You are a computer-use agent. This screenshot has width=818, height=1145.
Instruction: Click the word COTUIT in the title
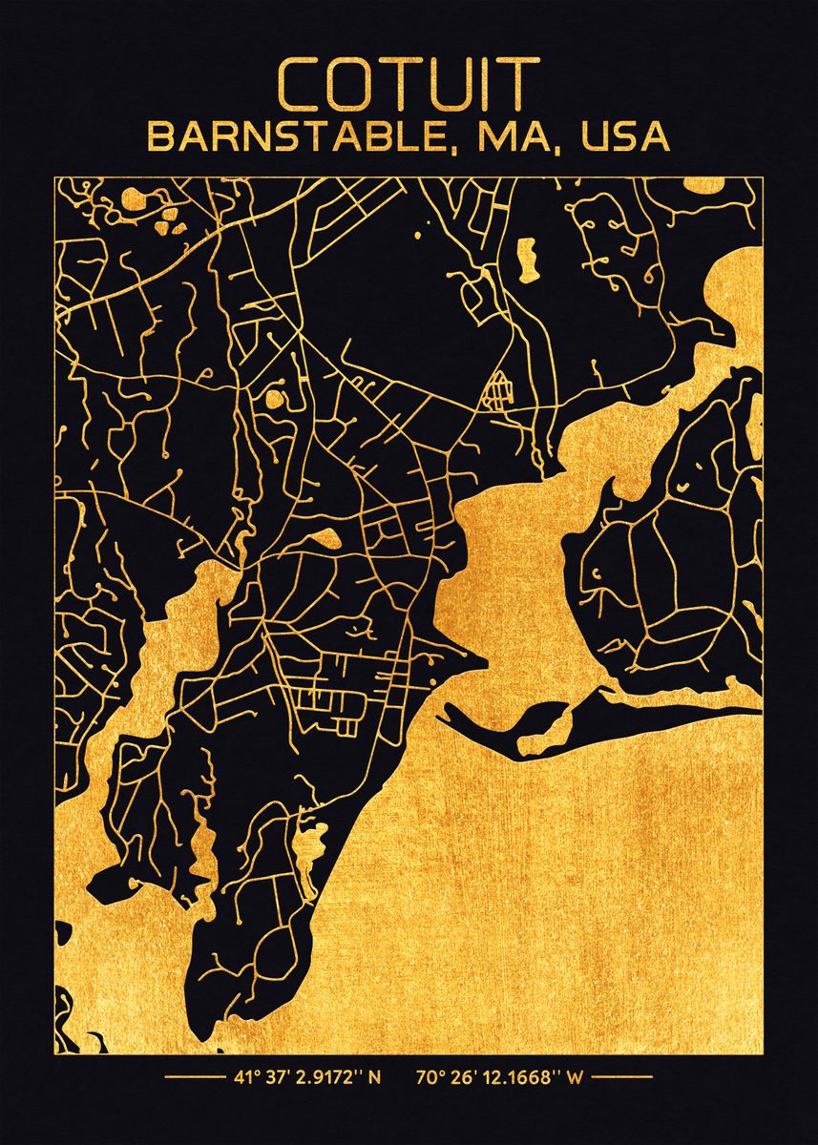tap(409, 84)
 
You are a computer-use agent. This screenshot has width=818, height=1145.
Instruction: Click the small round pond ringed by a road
tap(276, 397)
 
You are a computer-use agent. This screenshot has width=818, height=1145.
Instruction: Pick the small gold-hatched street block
tap(497, 390)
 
